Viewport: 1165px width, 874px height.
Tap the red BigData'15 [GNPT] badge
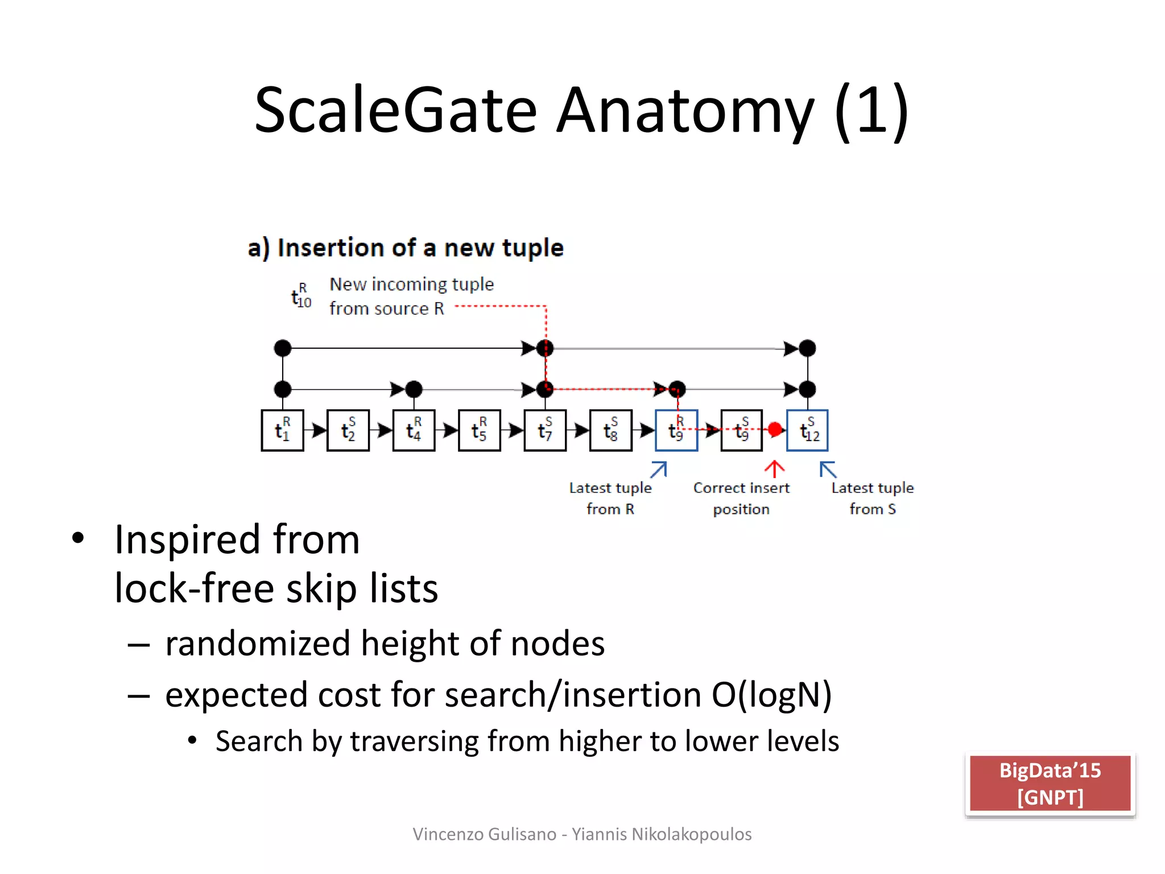coord(1050,784)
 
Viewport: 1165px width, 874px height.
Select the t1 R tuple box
coord(283,430)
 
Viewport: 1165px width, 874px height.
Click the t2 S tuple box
coord(348,430)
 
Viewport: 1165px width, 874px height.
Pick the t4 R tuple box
coord(414,430)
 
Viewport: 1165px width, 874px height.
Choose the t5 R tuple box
coord(480,430)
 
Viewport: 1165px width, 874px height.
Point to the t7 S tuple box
coord(545,430)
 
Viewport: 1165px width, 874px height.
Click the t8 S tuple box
coord(611,430)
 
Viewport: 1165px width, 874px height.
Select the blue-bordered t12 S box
coord(807,430)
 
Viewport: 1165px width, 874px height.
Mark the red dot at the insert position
coord(775,429)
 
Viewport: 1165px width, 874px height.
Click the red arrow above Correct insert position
coord(774,469)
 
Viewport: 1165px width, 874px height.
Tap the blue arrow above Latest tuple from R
coord(659,469)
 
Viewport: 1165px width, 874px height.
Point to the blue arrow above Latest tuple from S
coord(828,469)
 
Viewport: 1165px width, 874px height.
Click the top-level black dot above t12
coord(807,348)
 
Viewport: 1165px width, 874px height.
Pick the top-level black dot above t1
coord(283,348)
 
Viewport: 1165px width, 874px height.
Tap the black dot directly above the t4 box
coord(414,389)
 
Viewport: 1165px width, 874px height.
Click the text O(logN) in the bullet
coord(771,695)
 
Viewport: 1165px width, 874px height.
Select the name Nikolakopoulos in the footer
coord(691,834)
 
